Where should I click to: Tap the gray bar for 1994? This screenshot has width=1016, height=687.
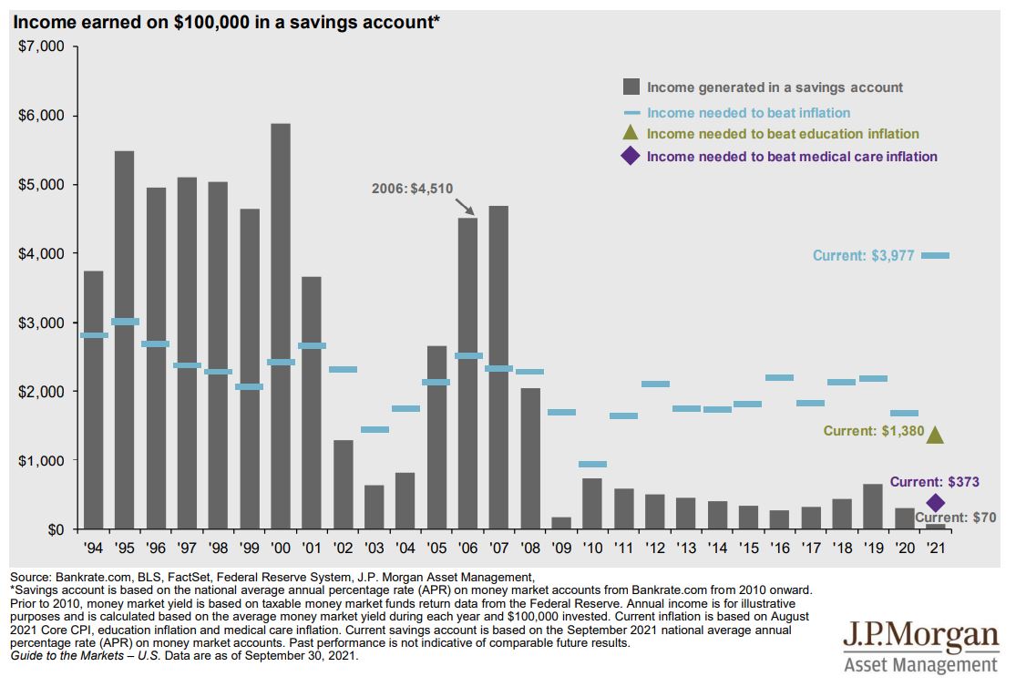click(94, 400)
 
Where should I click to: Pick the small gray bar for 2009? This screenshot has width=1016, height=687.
click(560, 523)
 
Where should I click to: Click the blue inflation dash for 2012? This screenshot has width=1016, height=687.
click(654, 384)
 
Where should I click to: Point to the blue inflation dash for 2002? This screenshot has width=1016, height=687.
click(343, 369)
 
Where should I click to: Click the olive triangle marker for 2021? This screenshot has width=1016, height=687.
click(935, 436)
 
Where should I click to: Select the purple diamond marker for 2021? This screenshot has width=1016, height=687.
click(935, 503)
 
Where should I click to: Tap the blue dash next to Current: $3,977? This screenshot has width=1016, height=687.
click(935, 256)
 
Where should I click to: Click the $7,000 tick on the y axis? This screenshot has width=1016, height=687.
click(40, 46)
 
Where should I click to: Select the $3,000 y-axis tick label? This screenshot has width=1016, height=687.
click(40, 323)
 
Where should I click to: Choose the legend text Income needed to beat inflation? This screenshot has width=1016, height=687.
click(748, 113)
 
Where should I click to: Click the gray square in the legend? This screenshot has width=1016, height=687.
click(631, 87)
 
